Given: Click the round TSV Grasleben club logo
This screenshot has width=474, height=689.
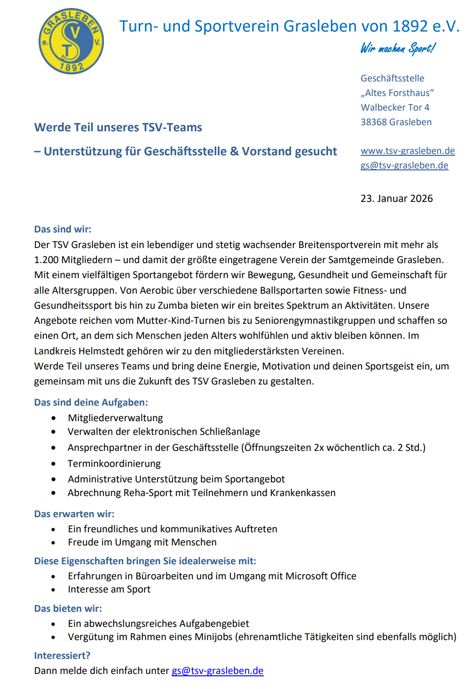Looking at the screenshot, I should pyautogui.click(x=71, y=41).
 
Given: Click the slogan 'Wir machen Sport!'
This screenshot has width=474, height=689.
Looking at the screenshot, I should pyautogui.click(x=398, y=48).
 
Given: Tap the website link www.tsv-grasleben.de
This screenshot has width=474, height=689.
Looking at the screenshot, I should pyautogui.click(x=407, y=151).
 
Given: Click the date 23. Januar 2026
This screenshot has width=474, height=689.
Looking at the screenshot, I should pyautogui.click(x=396, y=199).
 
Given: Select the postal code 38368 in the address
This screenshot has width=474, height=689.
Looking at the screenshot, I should pyautogui.click(x=374, y=122).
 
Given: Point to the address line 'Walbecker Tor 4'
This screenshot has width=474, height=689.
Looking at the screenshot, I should pyautogui.click(x=395, y=108).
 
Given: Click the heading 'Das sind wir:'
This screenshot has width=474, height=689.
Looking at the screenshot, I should pyautogui.click(x=63, y=229).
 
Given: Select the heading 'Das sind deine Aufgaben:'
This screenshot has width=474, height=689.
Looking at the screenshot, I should pyautogui.click(x=91, y=402).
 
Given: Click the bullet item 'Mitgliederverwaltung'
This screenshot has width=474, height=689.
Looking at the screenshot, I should pyautogui.click(x=115, y=418).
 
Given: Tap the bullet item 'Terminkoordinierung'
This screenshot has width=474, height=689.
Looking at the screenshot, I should pyautogui.click(x=114, y=464).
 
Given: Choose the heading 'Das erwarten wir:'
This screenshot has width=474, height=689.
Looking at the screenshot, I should pyautogui.click(x=74, y=514).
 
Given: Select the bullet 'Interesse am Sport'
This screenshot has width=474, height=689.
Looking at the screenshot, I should pyautogui.click(x=109, y=589).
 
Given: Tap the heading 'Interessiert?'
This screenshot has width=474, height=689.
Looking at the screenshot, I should pyautogui.click(x=62, y=656).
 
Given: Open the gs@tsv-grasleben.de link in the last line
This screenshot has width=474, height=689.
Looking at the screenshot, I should pyautogui.click(x=217, y=671).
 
